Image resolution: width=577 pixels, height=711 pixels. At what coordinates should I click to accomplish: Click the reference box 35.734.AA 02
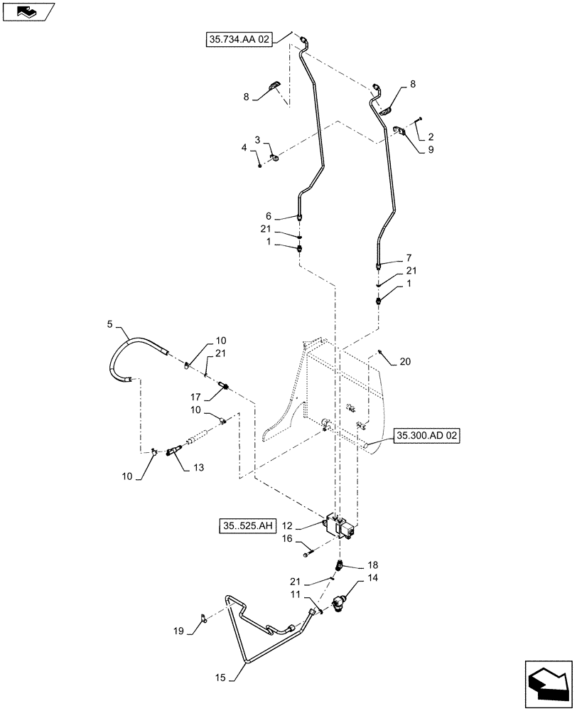[239, 41]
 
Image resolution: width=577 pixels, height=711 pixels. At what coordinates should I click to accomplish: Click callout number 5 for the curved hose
[109, 325]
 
